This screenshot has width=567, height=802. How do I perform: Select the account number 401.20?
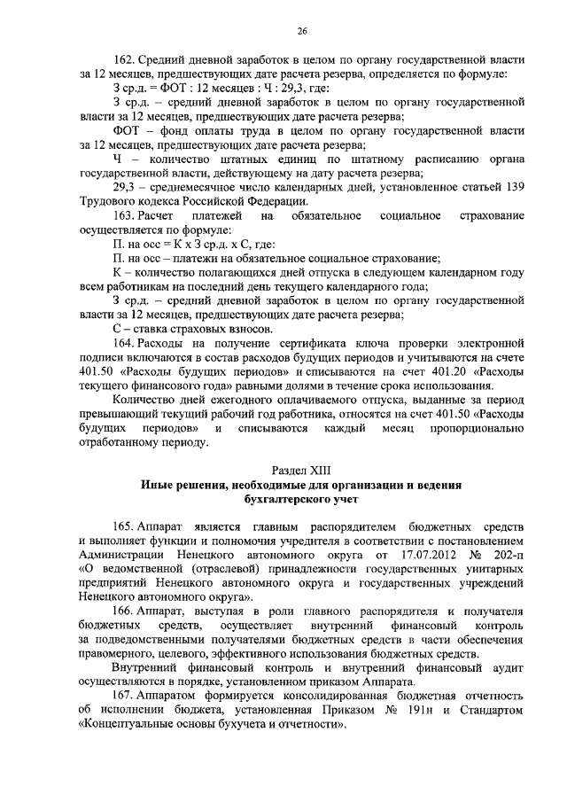[x=436, y=371]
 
